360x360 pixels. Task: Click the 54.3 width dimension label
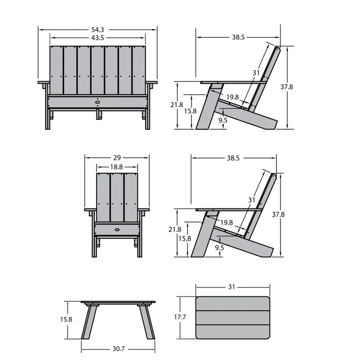[98, 30]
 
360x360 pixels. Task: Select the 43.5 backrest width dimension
[98, 38]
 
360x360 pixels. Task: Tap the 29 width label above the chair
[117, 158]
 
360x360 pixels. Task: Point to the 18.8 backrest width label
[116, 167]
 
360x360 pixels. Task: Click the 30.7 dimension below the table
[118, 349]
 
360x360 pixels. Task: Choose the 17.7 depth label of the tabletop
[180, 317]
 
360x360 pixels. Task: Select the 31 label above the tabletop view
[232, 287]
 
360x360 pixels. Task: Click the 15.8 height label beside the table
[66, 319]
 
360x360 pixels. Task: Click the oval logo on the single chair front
[117, 229]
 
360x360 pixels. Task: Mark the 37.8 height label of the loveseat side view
[287, 87]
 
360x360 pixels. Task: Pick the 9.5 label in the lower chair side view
[219, 247]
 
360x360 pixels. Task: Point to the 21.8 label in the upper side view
[176, 105]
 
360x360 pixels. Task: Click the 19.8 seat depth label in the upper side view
[232, 97]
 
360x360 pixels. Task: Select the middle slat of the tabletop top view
[233, 317]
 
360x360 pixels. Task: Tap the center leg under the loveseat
[99, 114]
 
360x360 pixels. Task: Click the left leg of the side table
[89, 322]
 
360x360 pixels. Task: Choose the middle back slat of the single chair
[117, 198]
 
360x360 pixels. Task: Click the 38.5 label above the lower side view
[233, 158]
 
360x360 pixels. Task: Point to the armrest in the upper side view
[233, 82]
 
